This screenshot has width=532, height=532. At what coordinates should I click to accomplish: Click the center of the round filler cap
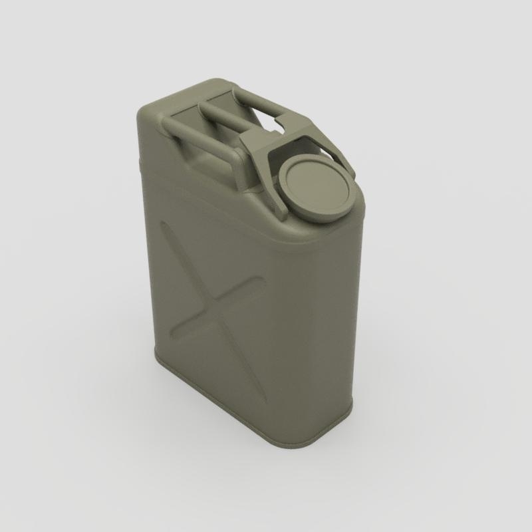click(x=315, y=189)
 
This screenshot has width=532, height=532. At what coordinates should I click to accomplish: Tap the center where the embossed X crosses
click(x=211, y=305)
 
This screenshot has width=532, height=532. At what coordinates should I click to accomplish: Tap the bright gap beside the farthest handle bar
click(x=271, y=122)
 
